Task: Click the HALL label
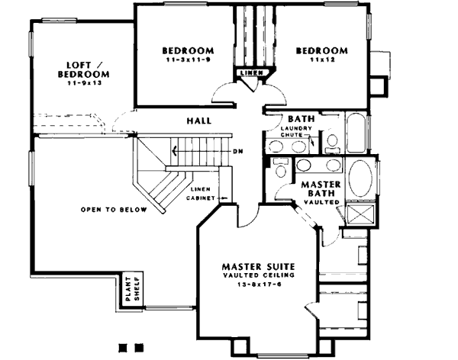pyautogui.click(x=198, y=121)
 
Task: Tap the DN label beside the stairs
pyautogui.click(x=240, y=150)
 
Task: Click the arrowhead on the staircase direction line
pyautogui.click(x=173, y=150)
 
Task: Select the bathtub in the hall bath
pyautogui.click(x=356, y=128)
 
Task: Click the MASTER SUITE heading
pyautogui.click(x=258, y=266)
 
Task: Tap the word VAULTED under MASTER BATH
pyautogui.click(x=323, y=201)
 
